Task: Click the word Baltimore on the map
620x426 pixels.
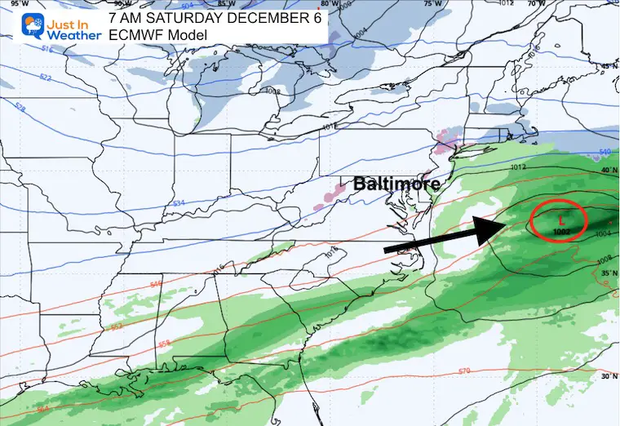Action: point(392,185)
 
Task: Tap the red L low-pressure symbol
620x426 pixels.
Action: point(560,219)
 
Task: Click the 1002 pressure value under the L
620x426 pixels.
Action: point(560,231)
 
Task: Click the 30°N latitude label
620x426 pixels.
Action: point(605,376)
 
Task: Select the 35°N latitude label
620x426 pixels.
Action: point(605,273)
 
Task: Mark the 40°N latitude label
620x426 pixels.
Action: point(606,172)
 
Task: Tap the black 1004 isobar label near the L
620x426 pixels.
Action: point(604,235)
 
